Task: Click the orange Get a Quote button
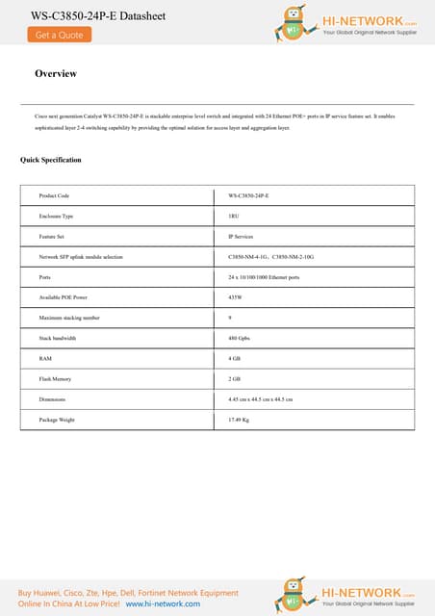[59, 35]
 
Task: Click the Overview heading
[56, 74]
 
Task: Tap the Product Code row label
[54, 195]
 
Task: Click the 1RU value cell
[235, 216]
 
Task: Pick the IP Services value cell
[241, 236]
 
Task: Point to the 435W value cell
[236, 296]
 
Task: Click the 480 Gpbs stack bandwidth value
[239, 338]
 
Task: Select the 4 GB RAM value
[234, 358]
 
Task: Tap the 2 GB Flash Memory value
[234, 378]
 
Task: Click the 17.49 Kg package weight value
[239, 420]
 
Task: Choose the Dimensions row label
[52, 398]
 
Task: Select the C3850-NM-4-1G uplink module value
[248, 256]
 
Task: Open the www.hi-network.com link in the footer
[163, 603]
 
